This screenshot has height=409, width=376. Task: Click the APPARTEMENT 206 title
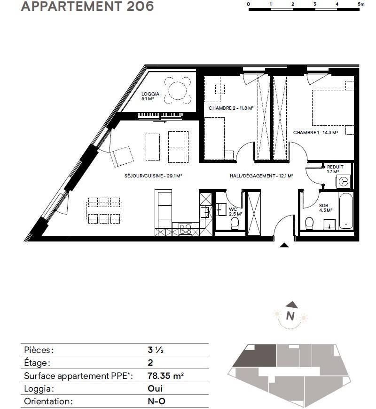[87, 6]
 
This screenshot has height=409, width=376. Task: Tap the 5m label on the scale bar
[361, 4]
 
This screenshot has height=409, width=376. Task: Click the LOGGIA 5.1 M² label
[150, 96]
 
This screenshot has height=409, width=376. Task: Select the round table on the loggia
[178, 90]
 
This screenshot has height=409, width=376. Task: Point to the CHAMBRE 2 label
[220, 108]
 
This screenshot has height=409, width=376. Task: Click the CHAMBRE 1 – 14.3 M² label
[315, 133]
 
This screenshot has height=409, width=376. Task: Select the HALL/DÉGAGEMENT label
[252, 176]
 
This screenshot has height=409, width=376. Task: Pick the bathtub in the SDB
[346, 211]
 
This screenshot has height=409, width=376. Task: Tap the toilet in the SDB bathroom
[309, 224]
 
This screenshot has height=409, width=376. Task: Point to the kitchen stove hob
[185, 229]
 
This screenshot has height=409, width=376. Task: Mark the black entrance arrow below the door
[284, 245]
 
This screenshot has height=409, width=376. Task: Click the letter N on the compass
[290, 316]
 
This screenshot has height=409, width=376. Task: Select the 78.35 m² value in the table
[166, 376]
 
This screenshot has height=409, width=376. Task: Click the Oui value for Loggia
[155, 389]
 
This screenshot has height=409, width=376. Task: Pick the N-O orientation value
[157, 401]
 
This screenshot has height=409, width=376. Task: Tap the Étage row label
[37, 362]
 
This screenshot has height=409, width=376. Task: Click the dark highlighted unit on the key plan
[257, 355]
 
